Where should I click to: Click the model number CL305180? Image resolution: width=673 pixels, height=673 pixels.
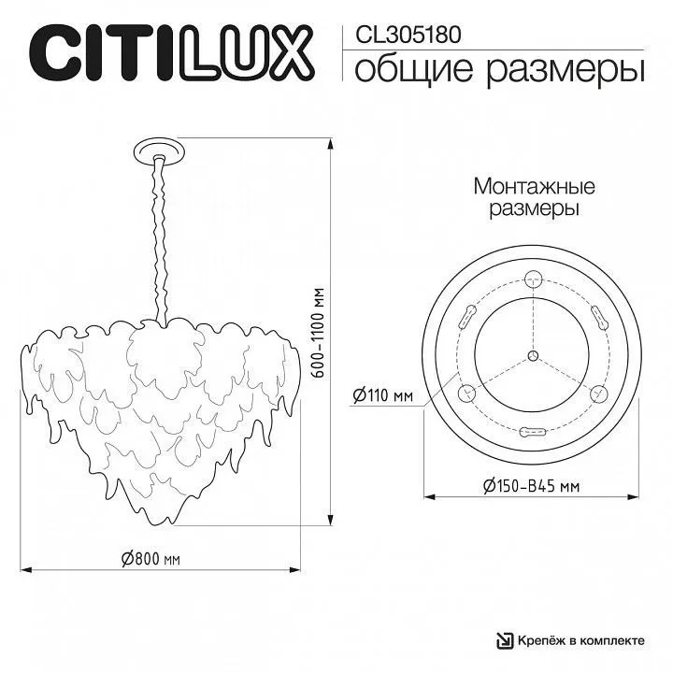[408, 35]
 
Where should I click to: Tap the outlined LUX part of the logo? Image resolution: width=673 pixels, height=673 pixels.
[247, 52]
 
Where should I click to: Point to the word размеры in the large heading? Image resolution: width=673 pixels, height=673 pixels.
[566, 71]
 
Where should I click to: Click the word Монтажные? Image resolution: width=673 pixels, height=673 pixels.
[535, 187]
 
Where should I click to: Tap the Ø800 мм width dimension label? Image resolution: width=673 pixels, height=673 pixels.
[150, 559]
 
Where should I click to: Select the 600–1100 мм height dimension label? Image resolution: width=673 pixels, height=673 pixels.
[318, 333]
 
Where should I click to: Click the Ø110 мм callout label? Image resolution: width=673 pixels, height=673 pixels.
[383, 394]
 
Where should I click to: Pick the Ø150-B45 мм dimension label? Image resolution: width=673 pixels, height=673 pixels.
[531, 486]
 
